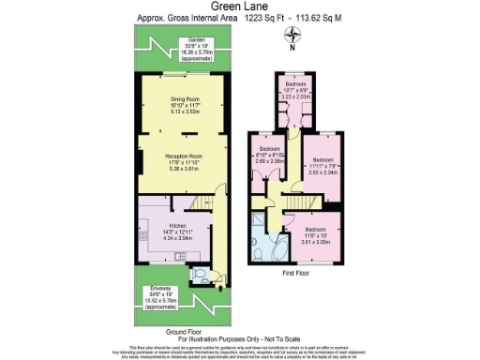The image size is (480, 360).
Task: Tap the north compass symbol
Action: point(293,37)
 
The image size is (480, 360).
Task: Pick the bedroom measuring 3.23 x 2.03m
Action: point(298,92)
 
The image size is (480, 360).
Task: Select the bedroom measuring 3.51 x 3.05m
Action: point(321,233)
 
